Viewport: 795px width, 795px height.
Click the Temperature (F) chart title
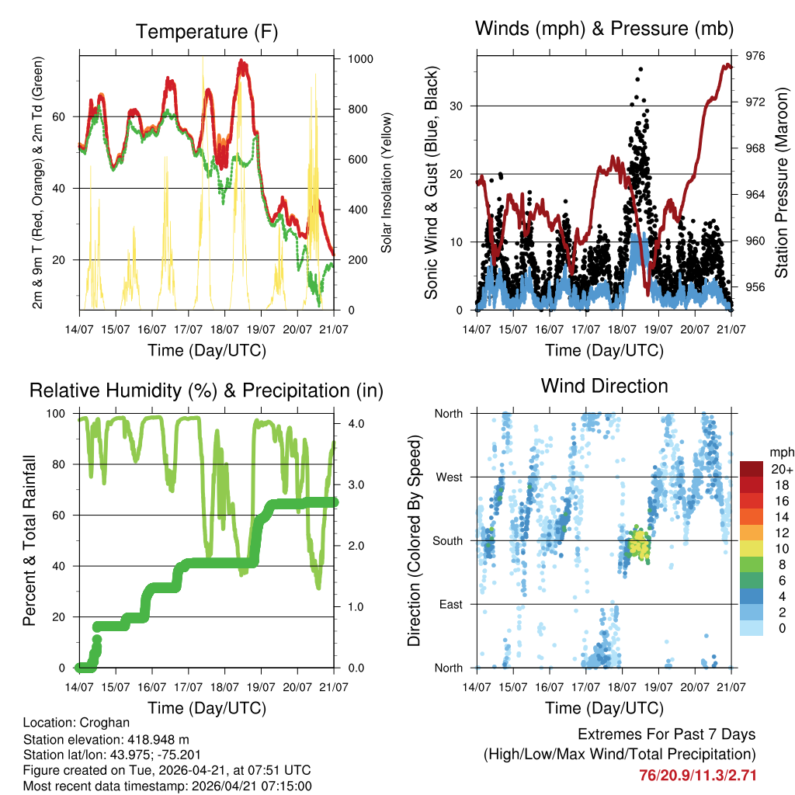[206, 32]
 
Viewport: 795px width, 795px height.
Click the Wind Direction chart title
[604, 386]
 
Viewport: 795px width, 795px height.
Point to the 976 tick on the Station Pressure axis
[755, 56]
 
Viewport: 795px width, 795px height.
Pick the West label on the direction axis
[448, 477]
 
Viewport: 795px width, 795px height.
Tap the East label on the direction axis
[450, 604]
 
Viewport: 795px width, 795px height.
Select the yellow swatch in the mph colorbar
[752, 548]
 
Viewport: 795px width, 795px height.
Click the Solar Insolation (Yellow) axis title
[387, 182]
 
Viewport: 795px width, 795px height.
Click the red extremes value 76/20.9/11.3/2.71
[697, 775]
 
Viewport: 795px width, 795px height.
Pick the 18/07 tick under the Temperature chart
[224, 328]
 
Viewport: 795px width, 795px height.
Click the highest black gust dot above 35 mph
[641, 69]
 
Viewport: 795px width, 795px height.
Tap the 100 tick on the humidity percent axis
[58, 413]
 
